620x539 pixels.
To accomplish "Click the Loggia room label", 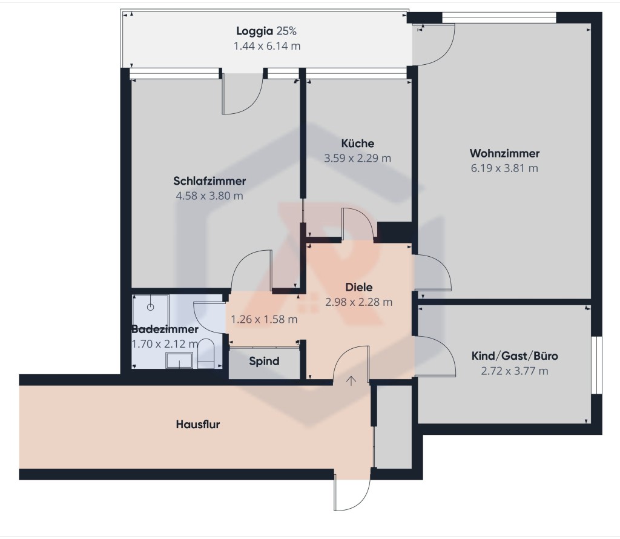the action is pyautogui.click(x=255, y=31).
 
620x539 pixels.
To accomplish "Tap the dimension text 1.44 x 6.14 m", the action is pyautogui.click(x=267, y=46).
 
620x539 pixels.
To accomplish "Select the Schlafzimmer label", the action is pyautogui.click(x=209, y=181).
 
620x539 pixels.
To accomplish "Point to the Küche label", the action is pyautogui.click(x=357, y=143).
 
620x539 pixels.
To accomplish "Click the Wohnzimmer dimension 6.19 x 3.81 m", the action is pyautogui.click(x=504, y=168).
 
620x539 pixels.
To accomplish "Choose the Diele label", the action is pyautogui.click(x=358, y=287).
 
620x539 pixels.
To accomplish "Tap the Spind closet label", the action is pyautogui.click(x=264, y=361).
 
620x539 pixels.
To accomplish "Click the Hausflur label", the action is pyautogui.click(x=198, y=425).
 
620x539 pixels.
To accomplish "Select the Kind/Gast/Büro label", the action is pyautogui.click(x=515, y=356).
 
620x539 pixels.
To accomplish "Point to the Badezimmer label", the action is pyautogui.click(x=165, y=329).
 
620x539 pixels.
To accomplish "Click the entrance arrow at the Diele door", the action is pyautogui.click(x=351, y=381).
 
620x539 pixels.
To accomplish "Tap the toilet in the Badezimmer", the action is pyautogui.click(x=206, y=352).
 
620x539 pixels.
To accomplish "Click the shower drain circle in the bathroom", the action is pyautogui.click(x=150, y=307).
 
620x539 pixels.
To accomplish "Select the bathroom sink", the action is pyautogui.click(x=179, y=360).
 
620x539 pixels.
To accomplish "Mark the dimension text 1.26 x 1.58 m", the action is pyautogui.click(x=264, y=319).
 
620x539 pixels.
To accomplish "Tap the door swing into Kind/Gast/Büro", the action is pyautogui.click(x=435, y=356).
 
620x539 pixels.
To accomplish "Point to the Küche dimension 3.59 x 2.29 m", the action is pyautogui.click(x=357, y=158).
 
